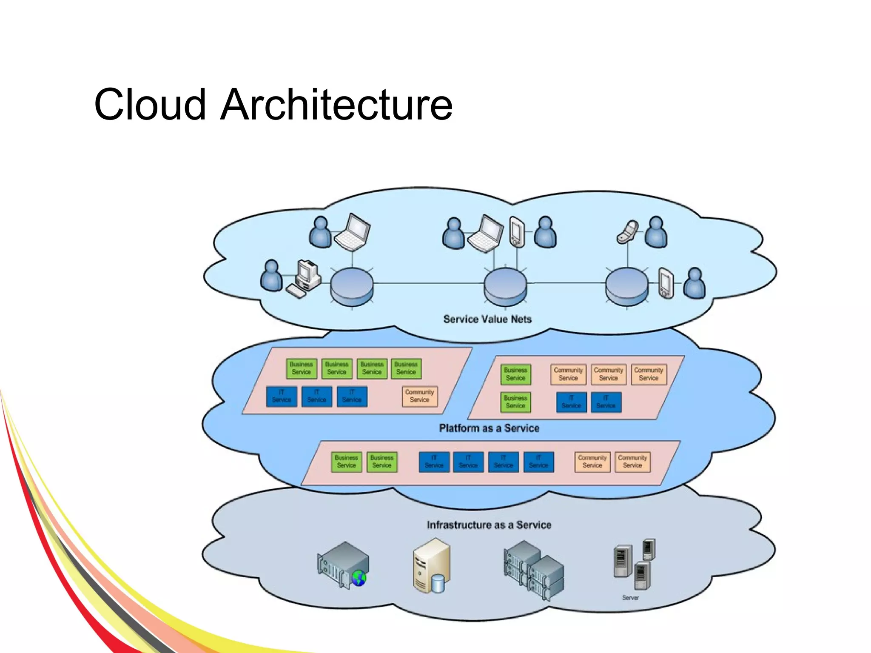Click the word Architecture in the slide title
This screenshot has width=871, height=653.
click(x=336, y=105)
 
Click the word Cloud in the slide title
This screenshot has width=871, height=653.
click(x=150, y=105)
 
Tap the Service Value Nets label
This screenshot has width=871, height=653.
click(x=487, y=319)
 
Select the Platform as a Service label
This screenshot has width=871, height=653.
click(x=489, y=428)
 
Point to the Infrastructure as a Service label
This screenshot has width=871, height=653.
click(x=489, y=525)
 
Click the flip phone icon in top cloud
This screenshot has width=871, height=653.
click(x=628, y=232)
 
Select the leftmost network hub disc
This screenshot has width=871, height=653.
click(x=352, y=286)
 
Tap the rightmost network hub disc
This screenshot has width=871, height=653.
click(x=626, y=286)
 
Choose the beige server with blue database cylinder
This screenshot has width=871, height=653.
click(x=431, y=566)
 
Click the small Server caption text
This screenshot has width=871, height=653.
click(x=630, y=598)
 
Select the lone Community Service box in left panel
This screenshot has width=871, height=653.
click(x=419, y=396)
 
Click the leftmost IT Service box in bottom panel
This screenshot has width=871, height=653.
click(x=434, y=462)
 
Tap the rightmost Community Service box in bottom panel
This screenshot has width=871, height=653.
click(x=632, y=462)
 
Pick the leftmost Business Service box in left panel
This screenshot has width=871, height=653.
click(x=301, y=368)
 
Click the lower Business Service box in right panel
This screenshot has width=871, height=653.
click(x=515, y=402)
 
